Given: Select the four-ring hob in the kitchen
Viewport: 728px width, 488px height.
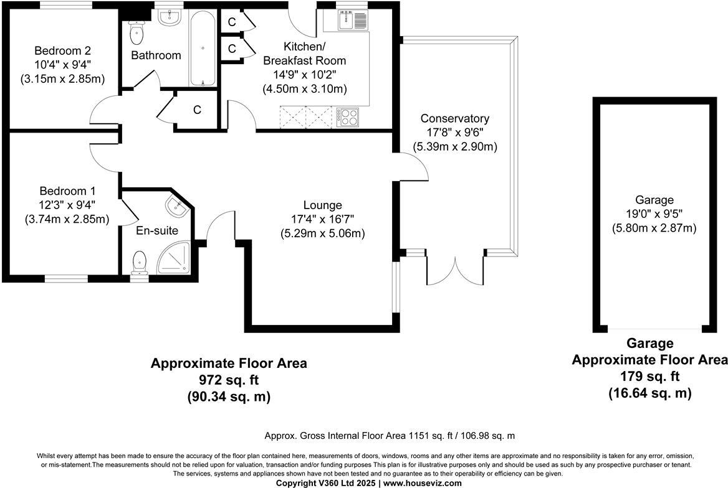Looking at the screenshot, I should click(x=348, y=116).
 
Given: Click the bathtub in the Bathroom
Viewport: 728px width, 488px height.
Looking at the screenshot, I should click(x=204, y=48).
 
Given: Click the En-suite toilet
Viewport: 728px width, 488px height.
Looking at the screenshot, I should click(x=140, y=261).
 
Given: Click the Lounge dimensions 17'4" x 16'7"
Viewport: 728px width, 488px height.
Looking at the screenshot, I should click(x=322, y=219).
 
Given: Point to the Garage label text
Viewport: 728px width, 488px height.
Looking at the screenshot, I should click(x=654, y=200).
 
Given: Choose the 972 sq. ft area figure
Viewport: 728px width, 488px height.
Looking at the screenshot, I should click(x=229, y=380).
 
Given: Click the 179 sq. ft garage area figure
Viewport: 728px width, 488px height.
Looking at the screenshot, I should click(x=649, y=377).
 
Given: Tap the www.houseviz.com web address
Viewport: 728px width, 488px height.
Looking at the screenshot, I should click(x=423, y=483).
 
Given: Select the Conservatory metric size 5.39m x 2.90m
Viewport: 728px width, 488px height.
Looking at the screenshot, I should click(x=455, y=147).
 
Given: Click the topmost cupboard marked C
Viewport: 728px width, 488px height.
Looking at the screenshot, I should click(x=231, y=21).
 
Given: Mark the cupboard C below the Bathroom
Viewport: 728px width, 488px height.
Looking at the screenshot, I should click(x=197, y=110).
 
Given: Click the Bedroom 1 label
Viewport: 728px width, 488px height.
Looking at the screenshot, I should click(x=67, y=190).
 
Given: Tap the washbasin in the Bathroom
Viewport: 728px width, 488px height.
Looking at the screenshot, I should click(x=169, y=17).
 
